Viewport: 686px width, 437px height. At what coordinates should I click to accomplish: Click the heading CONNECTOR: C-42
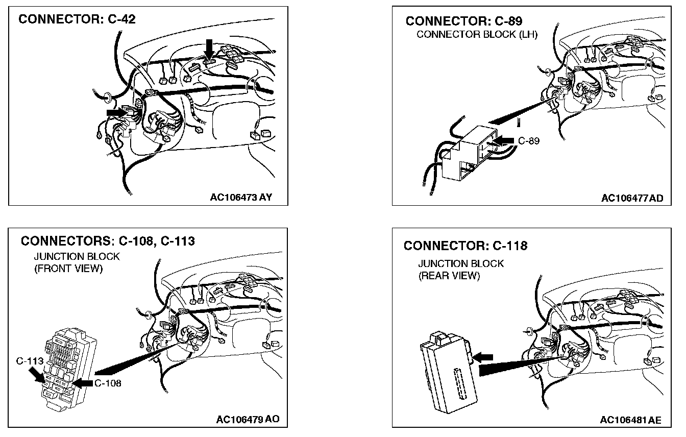77,19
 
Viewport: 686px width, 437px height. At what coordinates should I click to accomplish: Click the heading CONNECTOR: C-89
463,21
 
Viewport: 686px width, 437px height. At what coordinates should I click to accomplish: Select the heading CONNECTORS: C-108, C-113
108,240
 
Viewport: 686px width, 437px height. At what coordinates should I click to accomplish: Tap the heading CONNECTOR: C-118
465,246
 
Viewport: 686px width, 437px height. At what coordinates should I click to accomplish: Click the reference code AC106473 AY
241,198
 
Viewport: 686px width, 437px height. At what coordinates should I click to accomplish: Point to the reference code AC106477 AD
632,198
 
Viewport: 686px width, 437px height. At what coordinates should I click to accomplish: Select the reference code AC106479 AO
248,420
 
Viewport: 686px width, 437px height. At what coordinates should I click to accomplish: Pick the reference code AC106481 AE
630,420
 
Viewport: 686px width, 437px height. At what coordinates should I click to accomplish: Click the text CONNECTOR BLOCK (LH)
477,35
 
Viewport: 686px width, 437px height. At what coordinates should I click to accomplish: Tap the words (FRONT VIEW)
68,269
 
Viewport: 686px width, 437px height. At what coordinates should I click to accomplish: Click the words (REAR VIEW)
449,276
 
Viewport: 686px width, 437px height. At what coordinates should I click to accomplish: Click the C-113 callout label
29,361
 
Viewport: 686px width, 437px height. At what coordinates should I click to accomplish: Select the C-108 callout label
108,383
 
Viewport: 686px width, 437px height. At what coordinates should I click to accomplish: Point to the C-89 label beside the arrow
529,140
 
